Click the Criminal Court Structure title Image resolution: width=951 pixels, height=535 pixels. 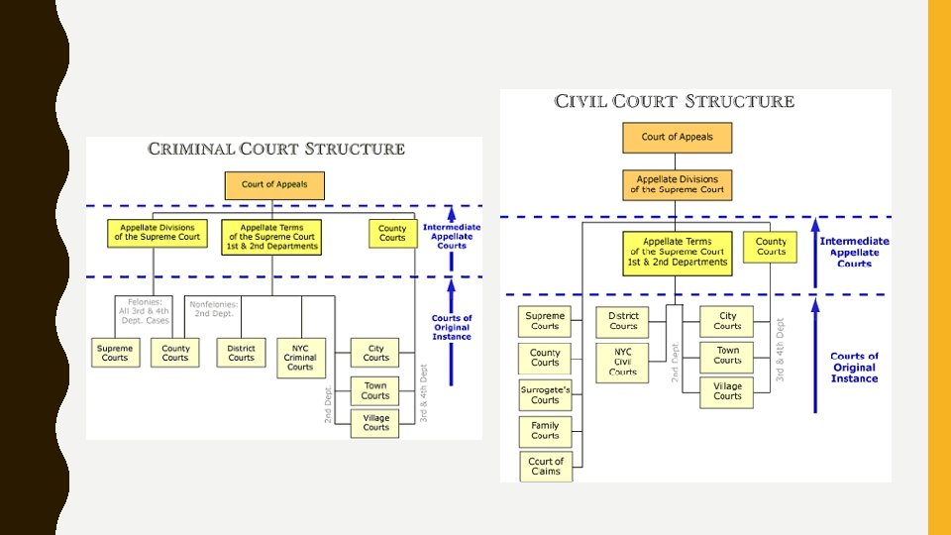[276, 150]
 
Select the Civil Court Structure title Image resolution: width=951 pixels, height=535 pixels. [675, 101]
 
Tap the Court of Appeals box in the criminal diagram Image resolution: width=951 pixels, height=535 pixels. [274, 184]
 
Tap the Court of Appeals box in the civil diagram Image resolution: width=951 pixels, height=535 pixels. [677, 138]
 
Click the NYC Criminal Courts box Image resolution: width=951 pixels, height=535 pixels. [300, 358]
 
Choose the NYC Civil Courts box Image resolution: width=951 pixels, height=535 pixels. [623, 362]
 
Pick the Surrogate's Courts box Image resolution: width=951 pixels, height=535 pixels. [545, 395]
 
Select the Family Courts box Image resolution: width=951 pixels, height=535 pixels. [545, 431]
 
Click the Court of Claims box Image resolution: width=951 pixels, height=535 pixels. [545, 466]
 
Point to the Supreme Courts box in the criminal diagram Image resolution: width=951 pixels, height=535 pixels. [115, 353]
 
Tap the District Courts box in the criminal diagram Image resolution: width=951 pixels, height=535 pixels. [241, 353]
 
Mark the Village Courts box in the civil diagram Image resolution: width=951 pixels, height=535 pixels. [727, 390]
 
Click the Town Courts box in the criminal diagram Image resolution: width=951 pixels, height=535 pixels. [375, 390]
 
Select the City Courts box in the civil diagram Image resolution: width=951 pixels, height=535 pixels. [727, 321]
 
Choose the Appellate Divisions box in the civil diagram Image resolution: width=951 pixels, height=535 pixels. [677, 184]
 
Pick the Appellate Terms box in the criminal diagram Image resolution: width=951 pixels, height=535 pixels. [271, 237]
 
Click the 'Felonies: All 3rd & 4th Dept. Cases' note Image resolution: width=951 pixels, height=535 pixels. [144, 310]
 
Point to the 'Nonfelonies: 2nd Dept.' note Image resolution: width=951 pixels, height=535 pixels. [213, 309]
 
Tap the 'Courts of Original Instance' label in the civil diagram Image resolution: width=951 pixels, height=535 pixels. [854, 368]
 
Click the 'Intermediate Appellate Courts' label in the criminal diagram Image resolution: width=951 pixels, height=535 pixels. [452, 236]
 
